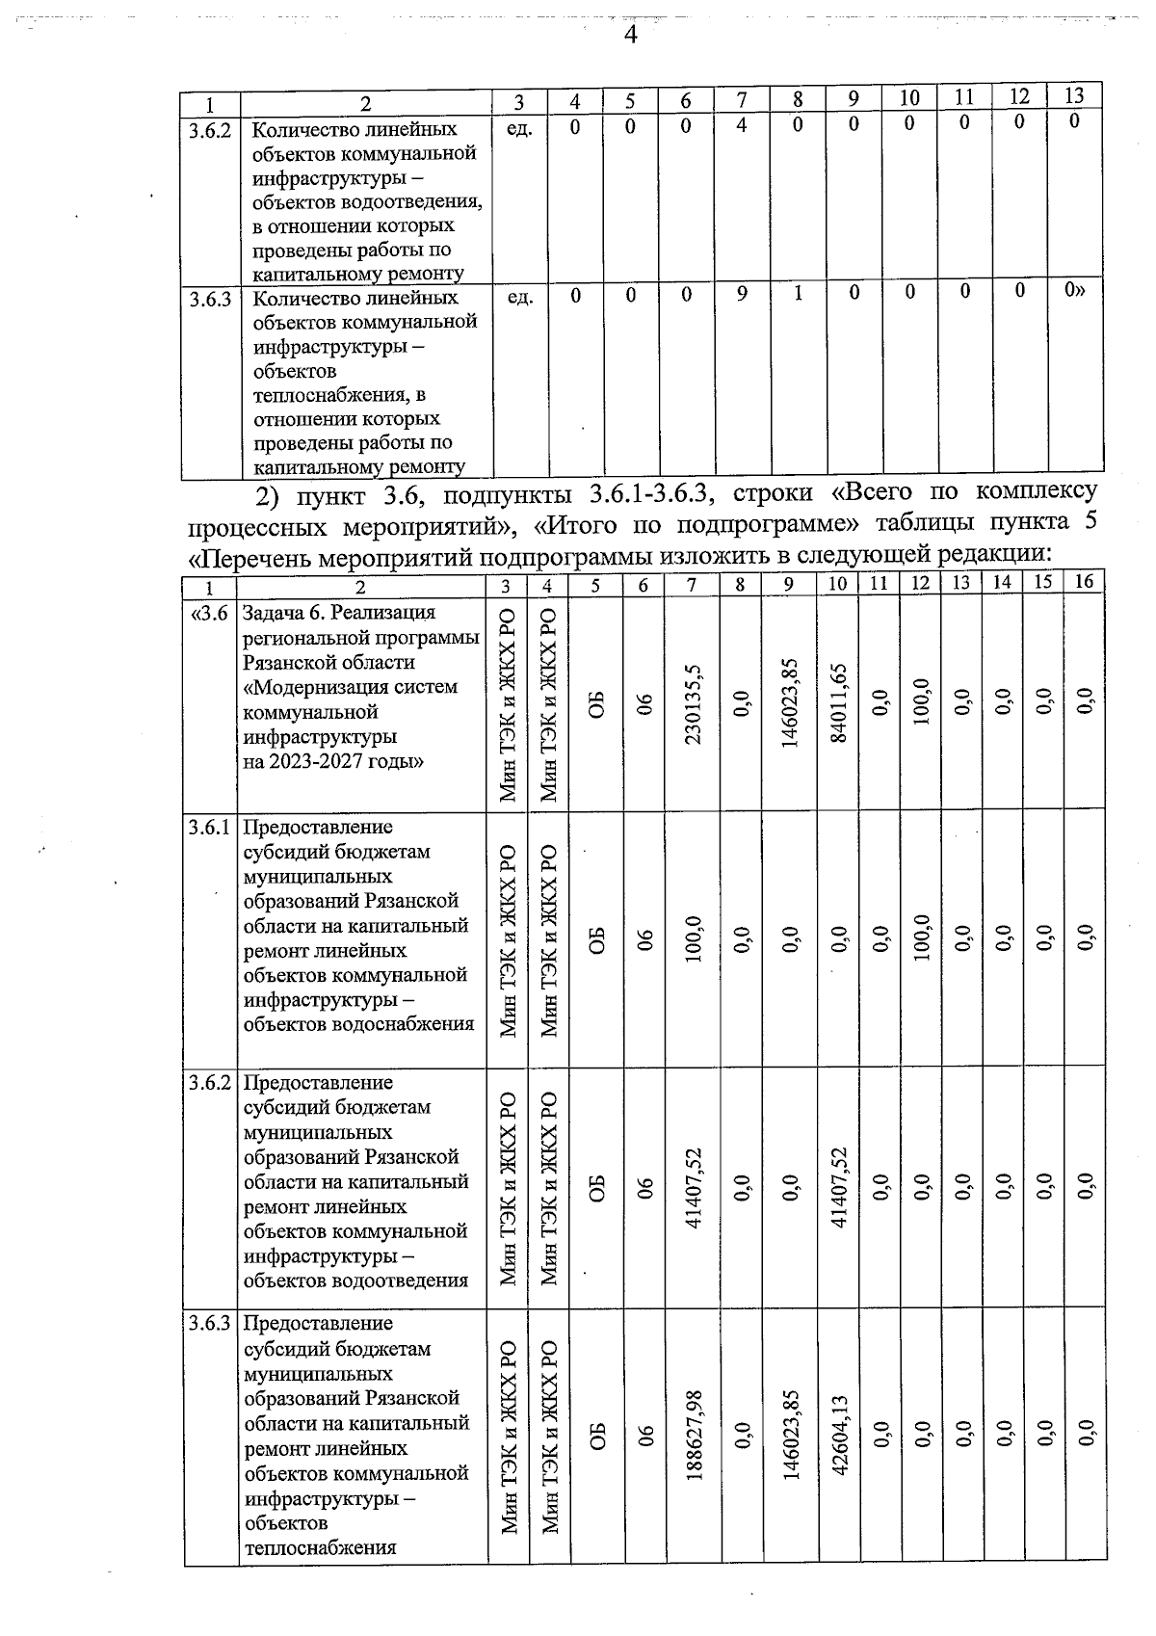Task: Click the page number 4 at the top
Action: (630, 36)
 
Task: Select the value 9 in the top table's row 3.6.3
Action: (742, 295)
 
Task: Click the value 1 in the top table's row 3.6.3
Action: (798, 295)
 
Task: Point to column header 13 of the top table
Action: (1074, 95)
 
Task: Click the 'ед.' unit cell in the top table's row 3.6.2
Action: (519, 128)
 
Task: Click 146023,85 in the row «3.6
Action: (789, 705)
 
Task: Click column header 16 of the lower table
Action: (1084, 581)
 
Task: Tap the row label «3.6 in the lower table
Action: (210, 614)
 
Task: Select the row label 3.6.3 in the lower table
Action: (210, 1324)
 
